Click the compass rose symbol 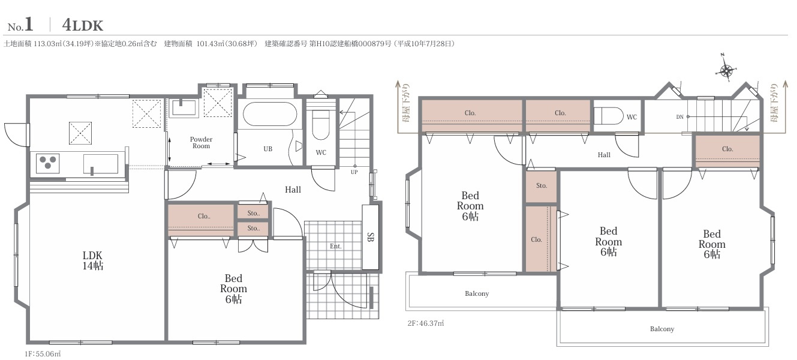(x=726, y=70)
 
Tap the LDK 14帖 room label (x=92, y=260)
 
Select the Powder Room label (x=201, y=142)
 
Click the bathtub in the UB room (x=270, y=114)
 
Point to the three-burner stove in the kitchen (x=48, y=163)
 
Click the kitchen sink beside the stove (x=101, y=164)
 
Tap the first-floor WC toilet (x=321, y=124)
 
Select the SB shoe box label (x=371, y=237)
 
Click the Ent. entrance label (x=335, y=246)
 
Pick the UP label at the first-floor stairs (x=354, y=172)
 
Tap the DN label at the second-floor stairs (x=679, y=117)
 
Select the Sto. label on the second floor (x=542, y=185)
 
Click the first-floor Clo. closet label (x=204, y=216)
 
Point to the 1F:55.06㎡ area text (x=43, y=354)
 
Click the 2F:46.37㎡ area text (x=426, y=323)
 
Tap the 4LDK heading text (x=83, y=25)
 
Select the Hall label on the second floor (x=604, y=155)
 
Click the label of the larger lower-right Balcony (x=662, y=329)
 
